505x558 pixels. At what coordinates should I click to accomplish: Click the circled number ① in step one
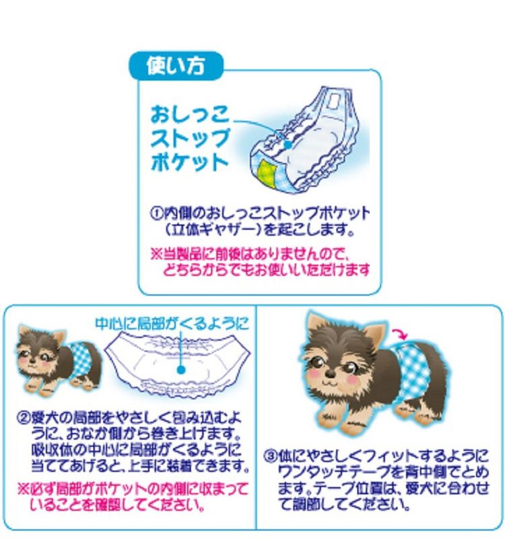(x=154, y=214)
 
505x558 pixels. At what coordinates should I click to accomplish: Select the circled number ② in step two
(x=22, y=415)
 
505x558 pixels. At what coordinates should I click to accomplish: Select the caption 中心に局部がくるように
(x=172, y=323)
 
